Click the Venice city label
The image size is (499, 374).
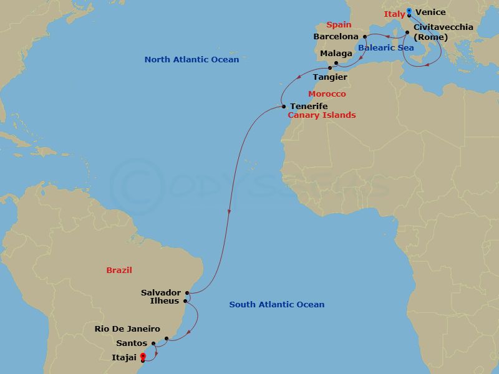click(x=430, y=12)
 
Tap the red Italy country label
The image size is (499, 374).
click(x=394, y=14)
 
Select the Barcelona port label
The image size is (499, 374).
click(x=336, y=37)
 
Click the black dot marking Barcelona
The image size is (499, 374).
click(x=365, y=37)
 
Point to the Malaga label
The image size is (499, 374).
click(x=336, y=54)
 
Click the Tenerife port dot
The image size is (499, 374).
click(x=283, y=106)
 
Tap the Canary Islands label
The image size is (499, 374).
click(x=321, y=115)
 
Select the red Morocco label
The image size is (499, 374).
click(x=327, y=93)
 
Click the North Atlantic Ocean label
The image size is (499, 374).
click(x=191, y=60)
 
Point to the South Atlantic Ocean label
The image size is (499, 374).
click(x=277, y=305)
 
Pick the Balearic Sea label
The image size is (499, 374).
click(x=386, y=47)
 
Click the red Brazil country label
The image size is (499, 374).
click(x=119, y=271)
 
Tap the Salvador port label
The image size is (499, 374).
click(x=161, y=292)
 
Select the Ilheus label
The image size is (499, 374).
click(x=165, y=301)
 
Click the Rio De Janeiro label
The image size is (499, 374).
click(x=127, y=328)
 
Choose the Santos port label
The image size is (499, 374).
click(x=132, y=343)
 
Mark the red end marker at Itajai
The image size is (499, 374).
click(x=143, y=357)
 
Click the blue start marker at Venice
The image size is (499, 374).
click(x=409, y=11)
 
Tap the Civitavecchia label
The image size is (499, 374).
click(x=443, y=27)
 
